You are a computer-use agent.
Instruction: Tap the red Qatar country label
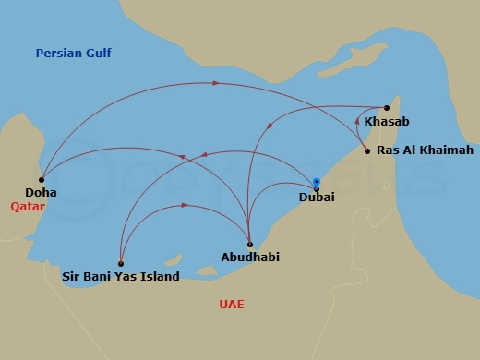28,208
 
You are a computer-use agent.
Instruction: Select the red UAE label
231,304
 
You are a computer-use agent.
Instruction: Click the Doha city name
42,193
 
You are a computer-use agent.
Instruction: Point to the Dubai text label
317,198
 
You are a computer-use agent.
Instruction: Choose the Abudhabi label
250,258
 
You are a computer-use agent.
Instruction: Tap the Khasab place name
387,122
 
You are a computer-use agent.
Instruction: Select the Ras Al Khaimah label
413,150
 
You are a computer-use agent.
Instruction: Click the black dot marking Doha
42,179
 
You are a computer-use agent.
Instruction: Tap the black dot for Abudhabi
250,244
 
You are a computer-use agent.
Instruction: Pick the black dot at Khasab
387,108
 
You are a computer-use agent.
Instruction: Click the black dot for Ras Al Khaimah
367,150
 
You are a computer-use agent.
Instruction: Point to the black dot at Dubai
317,188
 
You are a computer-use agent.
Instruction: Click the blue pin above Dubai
317,182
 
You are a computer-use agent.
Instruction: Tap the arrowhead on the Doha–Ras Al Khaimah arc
216,83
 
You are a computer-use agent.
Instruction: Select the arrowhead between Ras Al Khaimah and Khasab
357,119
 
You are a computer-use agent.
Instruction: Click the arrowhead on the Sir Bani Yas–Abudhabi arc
186,205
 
